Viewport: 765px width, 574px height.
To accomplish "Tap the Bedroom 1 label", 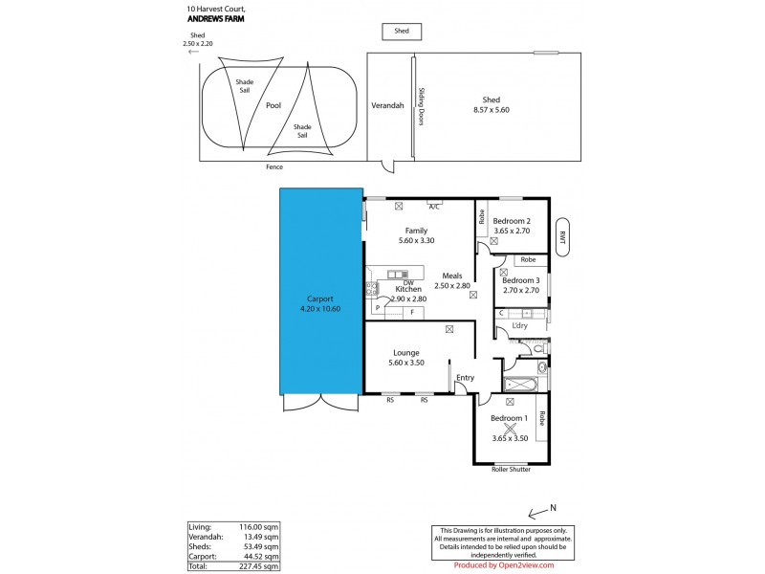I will [x=508, y=419].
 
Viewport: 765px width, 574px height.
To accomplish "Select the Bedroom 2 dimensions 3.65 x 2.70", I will [x=512, y=231].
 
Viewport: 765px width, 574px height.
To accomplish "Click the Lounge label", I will [x=405, y=353].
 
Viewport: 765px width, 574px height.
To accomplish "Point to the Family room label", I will [x=416, y=231].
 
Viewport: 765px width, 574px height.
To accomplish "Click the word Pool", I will [x=273, y=106].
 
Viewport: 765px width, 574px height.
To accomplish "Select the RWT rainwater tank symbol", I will [x=563, y=237].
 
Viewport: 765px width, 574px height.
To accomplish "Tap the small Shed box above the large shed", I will [x=402, y=32].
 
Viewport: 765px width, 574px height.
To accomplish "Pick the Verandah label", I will [x=387, y=106].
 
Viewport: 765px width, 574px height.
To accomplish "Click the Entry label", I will [x=465, y=378].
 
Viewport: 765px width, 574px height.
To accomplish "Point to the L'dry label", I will [x=520, y=326].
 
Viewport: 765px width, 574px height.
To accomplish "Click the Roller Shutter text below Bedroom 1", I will [x=510, y=470].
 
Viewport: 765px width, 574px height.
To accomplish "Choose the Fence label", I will [x=274, y=167].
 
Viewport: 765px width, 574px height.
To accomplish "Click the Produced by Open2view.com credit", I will [x=503, y=564].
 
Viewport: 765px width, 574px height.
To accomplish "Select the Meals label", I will [x=452, y=276].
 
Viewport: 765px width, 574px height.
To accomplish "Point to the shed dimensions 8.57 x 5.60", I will [x=492, y=110].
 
